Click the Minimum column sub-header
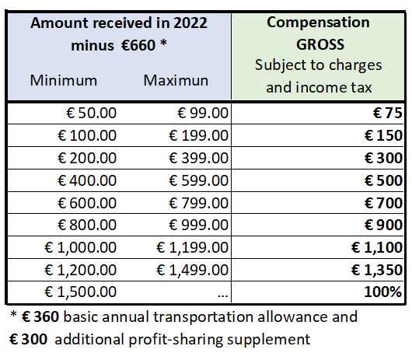pos(64,80)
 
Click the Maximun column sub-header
pos(176,80)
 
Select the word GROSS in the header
pos(320,44)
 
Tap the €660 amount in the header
pos(138,45)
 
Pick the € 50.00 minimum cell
pos(91,114)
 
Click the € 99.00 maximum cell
pos(203,114)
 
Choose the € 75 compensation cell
pos(388,114)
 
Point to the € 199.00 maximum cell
pos(198,135)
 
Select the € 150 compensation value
pos(383,135)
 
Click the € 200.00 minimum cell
pos(87,158)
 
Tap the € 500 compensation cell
pos(383,180)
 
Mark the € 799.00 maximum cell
pos(198,203)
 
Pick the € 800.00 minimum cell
pos(87,225)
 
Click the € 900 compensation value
pos(383,225)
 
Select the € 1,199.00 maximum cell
pos(192,247)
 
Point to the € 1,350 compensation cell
pos(377,270)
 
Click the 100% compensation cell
pos(383,292)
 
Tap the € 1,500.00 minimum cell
pos(80,292)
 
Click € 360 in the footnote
pos(40,316)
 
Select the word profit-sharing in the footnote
pos(176,340)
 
